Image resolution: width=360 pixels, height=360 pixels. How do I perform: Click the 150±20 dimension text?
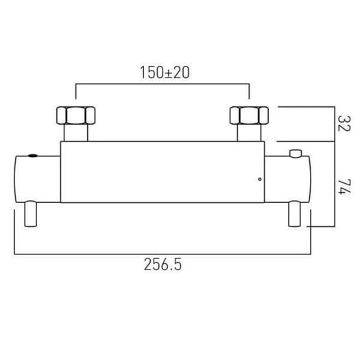point(165,72)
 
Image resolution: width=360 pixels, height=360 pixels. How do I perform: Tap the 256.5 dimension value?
point(163,265)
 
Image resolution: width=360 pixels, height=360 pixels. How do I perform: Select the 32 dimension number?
point(344,123)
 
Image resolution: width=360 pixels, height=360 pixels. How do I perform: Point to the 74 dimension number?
point(344,187)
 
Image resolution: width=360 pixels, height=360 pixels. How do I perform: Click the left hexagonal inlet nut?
point(75,115)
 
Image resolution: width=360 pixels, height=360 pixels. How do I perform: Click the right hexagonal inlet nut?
point(249,115)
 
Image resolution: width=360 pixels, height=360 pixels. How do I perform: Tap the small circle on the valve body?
point(260,179)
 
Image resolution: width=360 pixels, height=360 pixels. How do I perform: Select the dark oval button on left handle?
point(33,156)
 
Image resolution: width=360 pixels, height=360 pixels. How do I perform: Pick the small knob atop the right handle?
point(296,154)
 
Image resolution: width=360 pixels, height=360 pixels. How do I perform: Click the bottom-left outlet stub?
point(31,214)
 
